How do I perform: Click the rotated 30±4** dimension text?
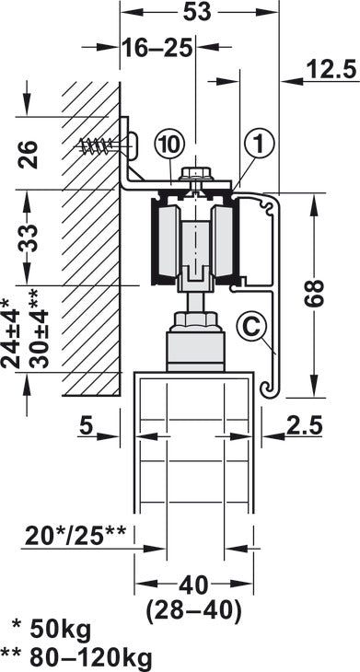pyautogui.click(x=32, y=330)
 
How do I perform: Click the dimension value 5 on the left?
pyautogui.click(x=85, y=425)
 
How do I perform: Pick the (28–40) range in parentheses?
pyautogui.click(x=193, y=608)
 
